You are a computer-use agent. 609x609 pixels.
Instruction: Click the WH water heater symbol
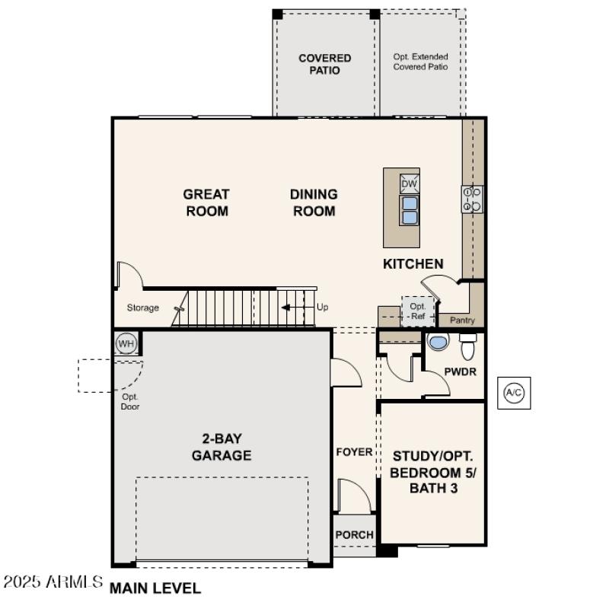[x=126, y=344]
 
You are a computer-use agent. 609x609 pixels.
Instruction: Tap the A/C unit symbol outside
[x=514, y=393]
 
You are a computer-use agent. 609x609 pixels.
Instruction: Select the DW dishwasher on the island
[x=410, y=183]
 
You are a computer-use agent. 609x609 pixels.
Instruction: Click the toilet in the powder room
[x=468, y=346]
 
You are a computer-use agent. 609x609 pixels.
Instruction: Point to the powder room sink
[x=438, y=343]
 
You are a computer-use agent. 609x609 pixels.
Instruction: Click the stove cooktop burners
[x=472, y=199]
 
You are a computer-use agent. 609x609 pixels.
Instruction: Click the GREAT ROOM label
[x=206, y=202]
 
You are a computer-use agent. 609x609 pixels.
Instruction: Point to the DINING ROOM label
[x=314, y=202]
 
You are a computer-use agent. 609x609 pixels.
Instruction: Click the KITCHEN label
[x=413, y=264]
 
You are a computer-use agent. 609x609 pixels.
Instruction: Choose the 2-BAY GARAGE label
[x=222, y=447]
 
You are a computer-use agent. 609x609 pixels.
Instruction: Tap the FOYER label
[x=354, y=452]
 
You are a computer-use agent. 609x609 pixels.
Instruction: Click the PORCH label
[x=354, y=534]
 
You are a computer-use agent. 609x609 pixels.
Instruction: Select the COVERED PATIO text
[x=324, y=64]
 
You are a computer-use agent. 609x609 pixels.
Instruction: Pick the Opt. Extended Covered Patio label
[x=420, y=62]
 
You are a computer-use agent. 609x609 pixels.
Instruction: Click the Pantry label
[x=462, y=320]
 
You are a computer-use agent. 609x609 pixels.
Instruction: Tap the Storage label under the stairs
[x=143, y=308]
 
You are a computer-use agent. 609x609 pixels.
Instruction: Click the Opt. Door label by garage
[x=130, y=401]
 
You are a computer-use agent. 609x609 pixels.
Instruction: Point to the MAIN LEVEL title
[x=156, y=588]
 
